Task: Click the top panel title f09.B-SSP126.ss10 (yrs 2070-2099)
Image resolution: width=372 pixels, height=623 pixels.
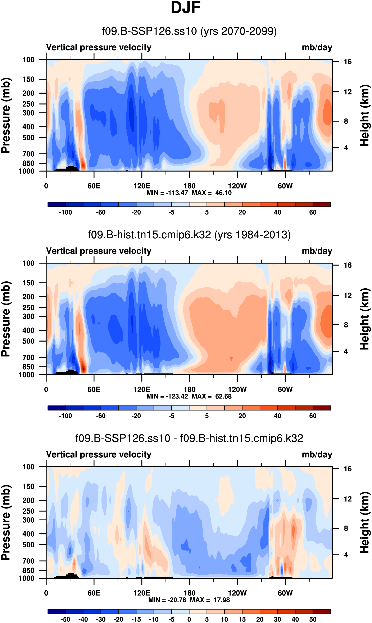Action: pyautogui.click(x=189, y=31)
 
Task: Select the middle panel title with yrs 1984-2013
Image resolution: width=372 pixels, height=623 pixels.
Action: pyautogui.click(x=189, y=235)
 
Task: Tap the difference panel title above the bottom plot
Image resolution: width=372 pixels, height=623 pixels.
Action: pyautogui.click(x=189, y=438)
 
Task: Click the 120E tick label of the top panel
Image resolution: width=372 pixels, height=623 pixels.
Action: pyautogui.click(x=142, y=186)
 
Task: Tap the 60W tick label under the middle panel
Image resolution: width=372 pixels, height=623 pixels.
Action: pyautogui.click(x=285, y=390)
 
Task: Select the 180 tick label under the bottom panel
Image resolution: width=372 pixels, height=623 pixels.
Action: pyautogui.click(x=190, y=593)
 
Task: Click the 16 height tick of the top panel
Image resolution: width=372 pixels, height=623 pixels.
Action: pyautogui.click(x=348, y=62)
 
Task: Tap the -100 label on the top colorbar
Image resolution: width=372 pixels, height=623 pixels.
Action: pyautogui.click(x=65, y=212)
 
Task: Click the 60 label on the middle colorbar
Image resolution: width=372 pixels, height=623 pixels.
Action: pyautogui.click(x=313, y=416)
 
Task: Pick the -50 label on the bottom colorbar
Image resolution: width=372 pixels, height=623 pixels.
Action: pyautogui.click(x=65, y=619)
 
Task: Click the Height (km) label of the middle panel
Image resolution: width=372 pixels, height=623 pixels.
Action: pyautogui.click(x=365, y=319)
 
